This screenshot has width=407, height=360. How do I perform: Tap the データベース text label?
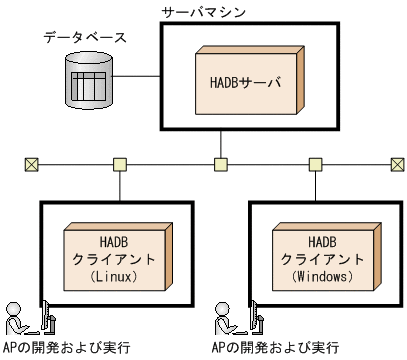click(x=85, y=38)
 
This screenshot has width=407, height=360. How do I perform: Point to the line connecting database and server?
click(x=140, y=76)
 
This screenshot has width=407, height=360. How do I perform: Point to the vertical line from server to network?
click(x=220, y=143)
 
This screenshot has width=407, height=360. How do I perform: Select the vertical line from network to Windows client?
click(x=316, y=185)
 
